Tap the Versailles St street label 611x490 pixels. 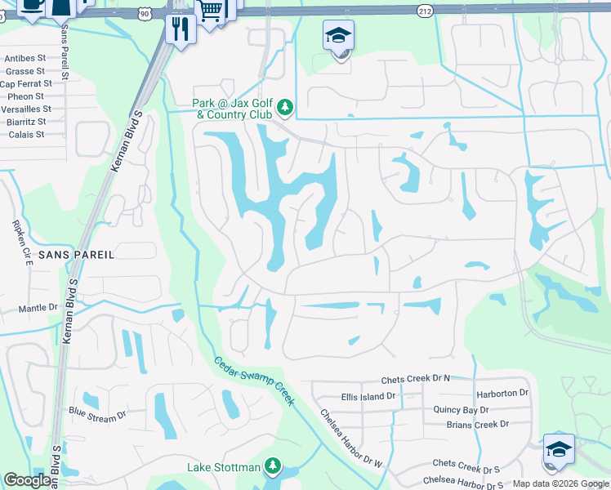[x=25, y=109]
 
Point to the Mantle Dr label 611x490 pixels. [x=38, y=309]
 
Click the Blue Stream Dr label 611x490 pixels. [x=97, y=413]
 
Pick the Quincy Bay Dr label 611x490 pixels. [x=461, y=410]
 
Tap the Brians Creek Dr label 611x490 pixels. [x=477, y=424]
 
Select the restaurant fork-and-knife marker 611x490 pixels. [x=178, y=29]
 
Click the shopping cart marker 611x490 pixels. [x=211, y=11]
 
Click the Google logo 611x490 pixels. [x=29, y=480]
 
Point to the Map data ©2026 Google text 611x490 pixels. [x=560, y=483]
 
